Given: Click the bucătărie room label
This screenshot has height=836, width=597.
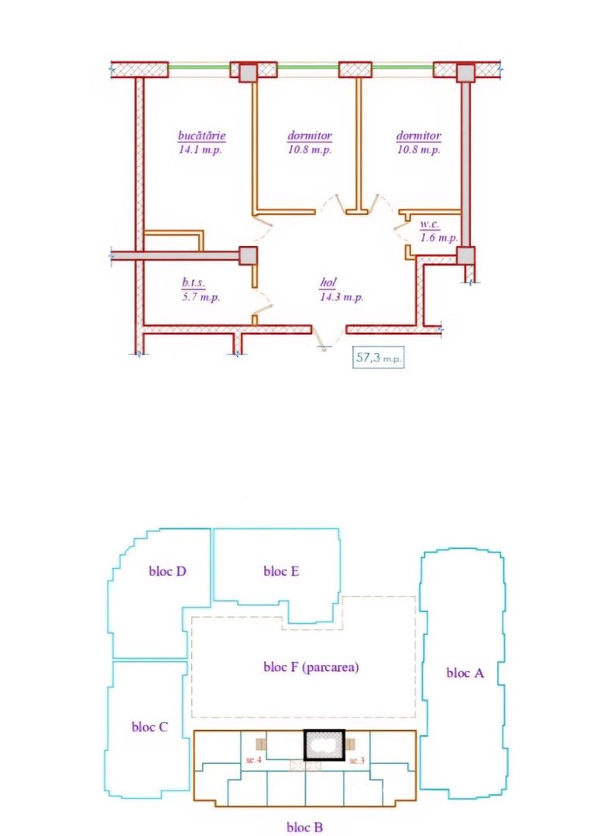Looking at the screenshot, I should tap(201, 136).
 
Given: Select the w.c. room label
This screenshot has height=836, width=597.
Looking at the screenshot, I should tap(431, 224).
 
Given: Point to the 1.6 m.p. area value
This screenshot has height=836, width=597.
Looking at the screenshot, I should tap(438, 238).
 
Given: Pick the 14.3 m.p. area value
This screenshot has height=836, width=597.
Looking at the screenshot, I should tap(341, 296).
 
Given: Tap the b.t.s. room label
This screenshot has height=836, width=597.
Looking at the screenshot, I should tap(194, 283).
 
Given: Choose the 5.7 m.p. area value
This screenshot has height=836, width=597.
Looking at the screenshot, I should tap(201, 296).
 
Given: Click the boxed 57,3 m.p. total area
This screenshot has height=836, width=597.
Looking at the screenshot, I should tap(379, 358).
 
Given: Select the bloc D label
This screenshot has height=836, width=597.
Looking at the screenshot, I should tap(167, 572).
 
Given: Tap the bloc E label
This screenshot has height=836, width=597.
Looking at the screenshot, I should tap(282, 572).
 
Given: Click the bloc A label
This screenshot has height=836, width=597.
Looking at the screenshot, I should tap(465, 673).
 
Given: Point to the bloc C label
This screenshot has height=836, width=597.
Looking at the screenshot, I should tap(149, 727).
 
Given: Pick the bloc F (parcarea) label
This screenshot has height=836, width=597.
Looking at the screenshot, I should tap(311, 666).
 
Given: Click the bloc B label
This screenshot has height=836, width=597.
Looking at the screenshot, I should tap(304, 827).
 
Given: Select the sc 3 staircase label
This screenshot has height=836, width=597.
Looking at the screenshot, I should tap(356, 761).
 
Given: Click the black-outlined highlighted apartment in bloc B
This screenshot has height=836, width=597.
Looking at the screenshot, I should tap(323, 745).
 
